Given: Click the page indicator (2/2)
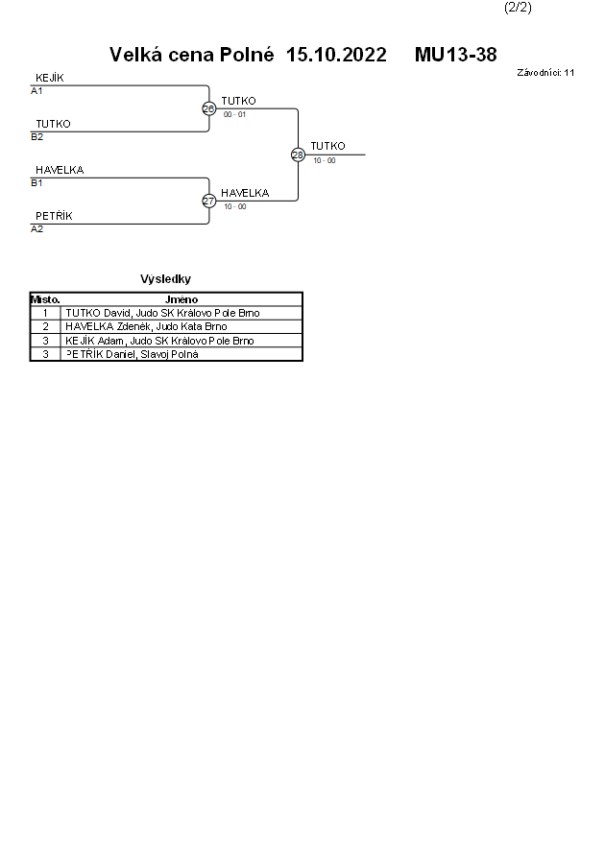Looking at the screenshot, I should click(518, 8).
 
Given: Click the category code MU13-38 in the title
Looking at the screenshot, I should click(455, 55).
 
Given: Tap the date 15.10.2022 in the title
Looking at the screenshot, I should click(336, 55).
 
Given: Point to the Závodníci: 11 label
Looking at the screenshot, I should click(545, 72).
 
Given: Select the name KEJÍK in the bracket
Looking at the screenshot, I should click(50, 78).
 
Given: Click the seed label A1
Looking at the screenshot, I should click(36, 91).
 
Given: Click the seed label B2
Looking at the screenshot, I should click(36, 137).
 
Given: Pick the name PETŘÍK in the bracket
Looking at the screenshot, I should click(54, 216).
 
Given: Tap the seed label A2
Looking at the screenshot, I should click(36, 229).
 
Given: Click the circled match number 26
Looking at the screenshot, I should click(208, 108).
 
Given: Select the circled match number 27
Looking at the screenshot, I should click(208, 201).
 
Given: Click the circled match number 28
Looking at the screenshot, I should click(298, 154).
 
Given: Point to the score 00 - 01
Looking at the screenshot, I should click(234, 114).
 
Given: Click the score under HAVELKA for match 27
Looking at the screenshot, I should click(234, 206).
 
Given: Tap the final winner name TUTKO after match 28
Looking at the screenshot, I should click(327, 146).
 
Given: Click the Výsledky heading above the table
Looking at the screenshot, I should click(165, 279).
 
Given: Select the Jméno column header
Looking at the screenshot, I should click(181, 299).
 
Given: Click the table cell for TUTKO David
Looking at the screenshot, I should click(162, 313).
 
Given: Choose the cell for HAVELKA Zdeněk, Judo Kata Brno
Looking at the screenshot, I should click(146, 326).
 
